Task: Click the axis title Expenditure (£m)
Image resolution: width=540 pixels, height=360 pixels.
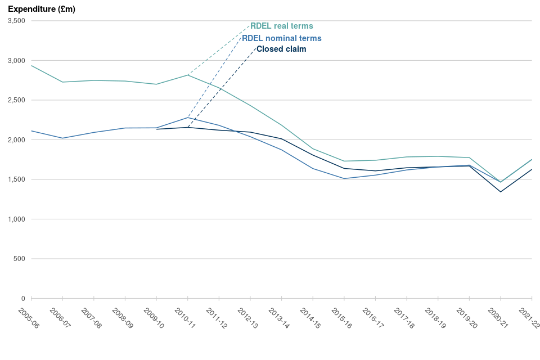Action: pos(42,9)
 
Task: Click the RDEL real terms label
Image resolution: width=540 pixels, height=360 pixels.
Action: pos(282,26)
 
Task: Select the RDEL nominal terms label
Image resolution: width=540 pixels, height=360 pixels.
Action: pos(282,38)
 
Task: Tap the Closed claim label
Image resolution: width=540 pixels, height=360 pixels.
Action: pos(281,49)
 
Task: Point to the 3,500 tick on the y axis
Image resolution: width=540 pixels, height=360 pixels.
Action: pos(16,21)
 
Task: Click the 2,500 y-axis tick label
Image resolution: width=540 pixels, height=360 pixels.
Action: pos(16,100)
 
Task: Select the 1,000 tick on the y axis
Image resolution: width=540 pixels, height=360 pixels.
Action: pos(16,219)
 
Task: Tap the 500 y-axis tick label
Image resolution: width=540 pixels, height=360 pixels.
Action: pos(20,259)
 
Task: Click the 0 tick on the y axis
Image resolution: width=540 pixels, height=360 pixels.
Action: pos(23,298)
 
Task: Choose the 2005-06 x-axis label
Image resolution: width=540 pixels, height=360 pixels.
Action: pos(28,318)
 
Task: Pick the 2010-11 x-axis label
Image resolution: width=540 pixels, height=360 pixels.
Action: pos(184,318)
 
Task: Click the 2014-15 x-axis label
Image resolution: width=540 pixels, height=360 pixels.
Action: pos(310,318)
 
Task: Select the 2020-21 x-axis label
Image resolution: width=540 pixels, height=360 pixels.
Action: pos(498,318)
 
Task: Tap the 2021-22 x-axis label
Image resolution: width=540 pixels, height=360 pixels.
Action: pos(529,318)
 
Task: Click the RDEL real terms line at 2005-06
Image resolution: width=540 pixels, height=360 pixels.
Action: pos(31,65)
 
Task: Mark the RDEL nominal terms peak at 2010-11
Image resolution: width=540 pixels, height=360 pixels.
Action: pos(188,117)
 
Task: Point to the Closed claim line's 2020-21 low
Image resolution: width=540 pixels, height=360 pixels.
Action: pos(501,192)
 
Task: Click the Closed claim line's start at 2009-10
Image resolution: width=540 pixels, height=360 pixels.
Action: pos(157,129)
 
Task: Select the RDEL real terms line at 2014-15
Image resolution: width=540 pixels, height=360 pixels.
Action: pos(313,148)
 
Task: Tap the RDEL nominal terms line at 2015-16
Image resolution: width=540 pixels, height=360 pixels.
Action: pos(344,178)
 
